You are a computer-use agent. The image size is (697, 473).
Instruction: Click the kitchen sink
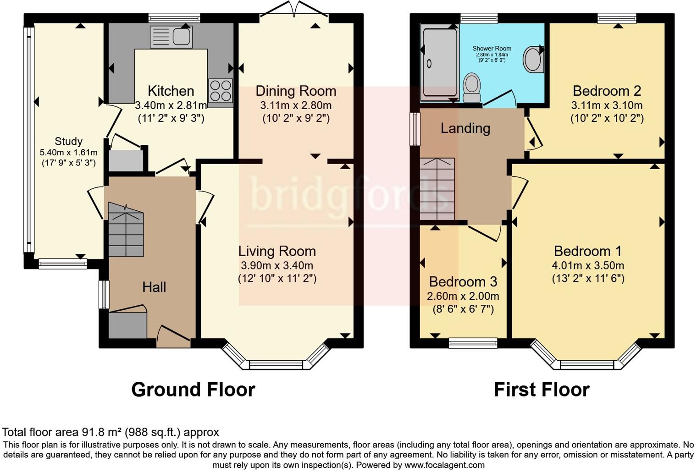171,37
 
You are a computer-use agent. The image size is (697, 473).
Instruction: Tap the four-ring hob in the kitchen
220,90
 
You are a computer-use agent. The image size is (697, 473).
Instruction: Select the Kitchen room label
171,91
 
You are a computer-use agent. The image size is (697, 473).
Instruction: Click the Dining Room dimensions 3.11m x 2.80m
296,105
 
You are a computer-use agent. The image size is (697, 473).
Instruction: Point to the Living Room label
277,251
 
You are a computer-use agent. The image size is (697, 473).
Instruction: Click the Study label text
68,141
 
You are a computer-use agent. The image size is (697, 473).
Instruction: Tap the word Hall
154,287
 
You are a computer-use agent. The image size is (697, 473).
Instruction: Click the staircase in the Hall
126,231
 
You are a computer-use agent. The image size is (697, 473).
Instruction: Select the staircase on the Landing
437,189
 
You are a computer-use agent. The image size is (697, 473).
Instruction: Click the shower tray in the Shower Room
439,63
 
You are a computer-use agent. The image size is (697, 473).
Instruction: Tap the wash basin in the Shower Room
533,59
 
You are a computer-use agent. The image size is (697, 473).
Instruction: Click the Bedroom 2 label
607,91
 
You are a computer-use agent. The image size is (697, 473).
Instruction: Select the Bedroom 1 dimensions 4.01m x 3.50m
588,265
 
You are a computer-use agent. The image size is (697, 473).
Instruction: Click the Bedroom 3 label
463,281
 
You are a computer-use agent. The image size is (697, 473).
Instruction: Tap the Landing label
465,128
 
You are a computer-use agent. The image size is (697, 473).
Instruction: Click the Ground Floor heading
193,390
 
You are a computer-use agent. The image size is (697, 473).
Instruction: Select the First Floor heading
542,390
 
